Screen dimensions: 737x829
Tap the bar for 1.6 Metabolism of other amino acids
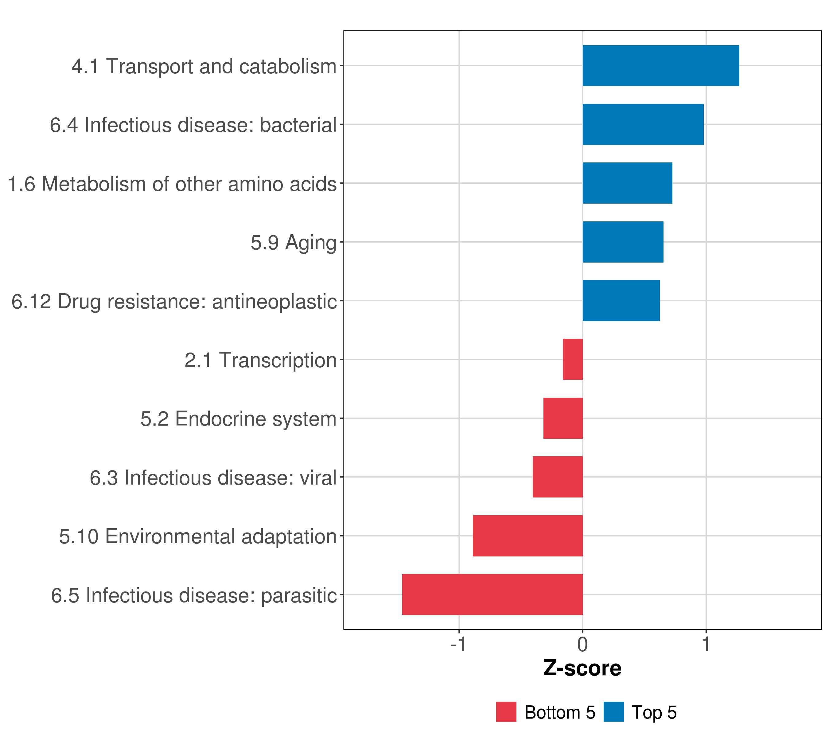(x=627, y=183)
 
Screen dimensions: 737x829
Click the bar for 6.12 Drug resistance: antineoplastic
(x=621, y=301)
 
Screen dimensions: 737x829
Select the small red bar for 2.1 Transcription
(x=573, y=359)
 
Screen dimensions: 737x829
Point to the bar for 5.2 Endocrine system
(x=563, y=418)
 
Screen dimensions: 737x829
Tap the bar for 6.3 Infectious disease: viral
(x=557, y=477)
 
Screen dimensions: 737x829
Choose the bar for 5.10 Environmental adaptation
(x=528, y=536)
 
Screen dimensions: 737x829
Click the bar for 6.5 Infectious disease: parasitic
(x=492, y=595)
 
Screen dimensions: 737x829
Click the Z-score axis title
(x=582, y=669)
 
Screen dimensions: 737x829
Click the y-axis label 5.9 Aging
(x=294, y=243)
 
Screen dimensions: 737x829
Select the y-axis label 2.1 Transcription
(x=260, y=360)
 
